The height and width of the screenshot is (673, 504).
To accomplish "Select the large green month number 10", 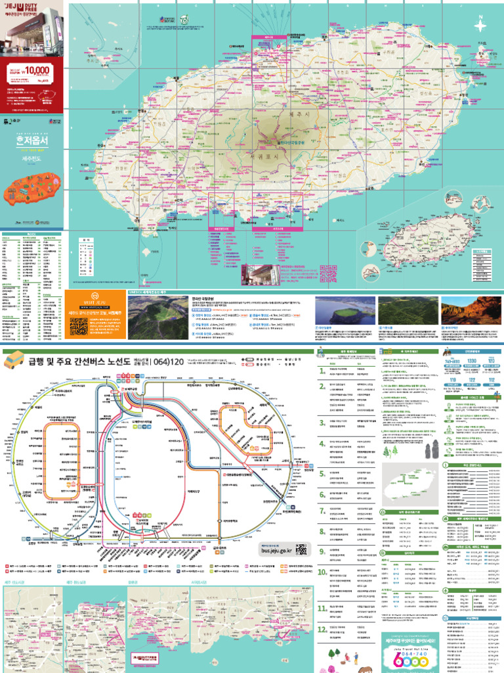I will point(322,572).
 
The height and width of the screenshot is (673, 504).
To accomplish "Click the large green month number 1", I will point(322,370).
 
